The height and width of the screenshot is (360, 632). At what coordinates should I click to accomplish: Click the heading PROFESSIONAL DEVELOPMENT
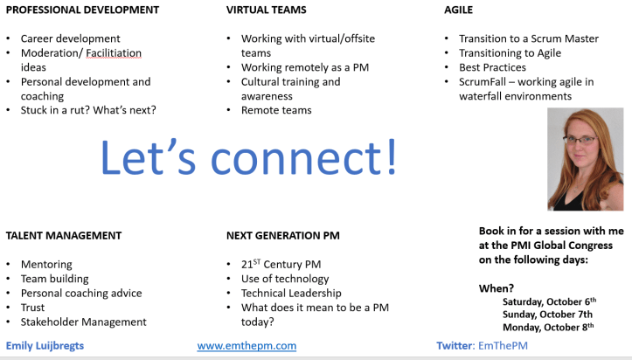[82, 10]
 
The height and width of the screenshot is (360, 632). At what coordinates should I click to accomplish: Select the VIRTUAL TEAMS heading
[267, 10]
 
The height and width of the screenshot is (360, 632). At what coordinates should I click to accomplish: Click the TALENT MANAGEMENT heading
[64, 235]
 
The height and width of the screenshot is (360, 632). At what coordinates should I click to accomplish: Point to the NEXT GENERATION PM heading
[283, 235]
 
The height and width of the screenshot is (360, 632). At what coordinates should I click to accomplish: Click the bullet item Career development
[71, 39]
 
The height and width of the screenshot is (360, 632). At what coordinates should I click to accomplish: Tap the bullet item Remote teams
[276, 110]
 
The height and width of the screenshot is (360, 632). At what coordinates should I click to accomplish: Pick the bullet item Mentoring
[46, 265]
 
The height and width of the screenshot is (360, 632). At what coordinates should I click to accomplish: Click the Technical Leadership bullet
[291, 293]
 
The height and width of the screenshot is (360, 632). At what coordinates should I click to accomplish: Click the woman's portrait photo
[585, 160]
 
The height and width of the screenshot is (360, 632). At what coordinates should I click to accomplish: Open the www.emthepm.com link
[247, 346]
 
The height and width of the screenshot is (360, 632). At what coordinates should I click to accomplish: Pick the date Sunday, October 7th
[547, 314]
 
